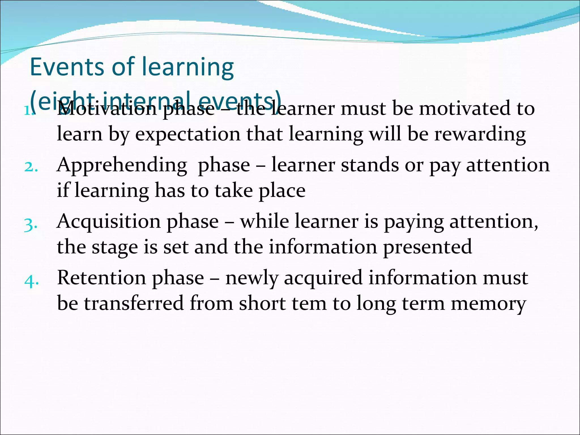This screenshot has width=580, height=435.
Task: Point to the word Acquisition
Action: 109,221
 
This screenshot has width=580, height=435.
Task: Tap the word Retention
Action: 102,278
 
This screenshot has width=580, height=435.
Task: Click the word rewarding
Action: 480,135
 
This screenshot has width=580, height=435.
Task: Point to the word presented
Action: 427,247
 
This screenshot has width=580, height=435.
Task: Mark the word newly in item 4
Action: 251,278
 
